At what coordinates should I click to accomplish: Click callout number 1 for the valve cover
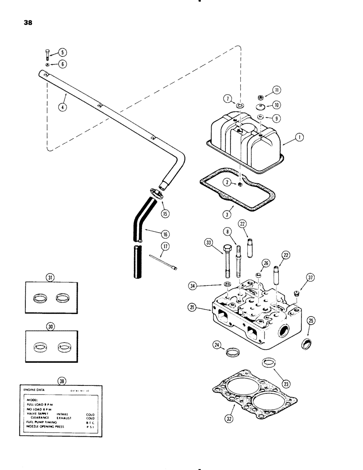click(299, 137)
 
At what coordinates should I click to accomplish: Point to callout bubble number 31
click(49, 277)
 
